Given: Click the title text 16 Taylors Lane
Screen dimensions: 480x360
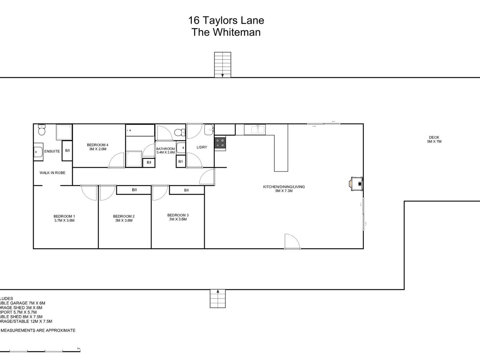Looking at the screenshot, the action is pos(226,20).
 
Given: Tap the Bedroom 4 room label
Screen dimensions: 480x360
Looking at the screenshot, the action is pos(97,145).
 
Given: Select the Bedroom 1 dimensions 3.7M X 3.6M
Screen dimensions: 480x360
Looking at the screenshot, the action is pos(64,220).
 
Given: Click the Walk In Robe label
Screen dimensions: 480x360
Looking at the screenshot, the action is pos(52,173).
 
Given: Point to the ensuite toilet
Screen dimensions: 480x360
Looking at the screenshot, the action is pos(41,130).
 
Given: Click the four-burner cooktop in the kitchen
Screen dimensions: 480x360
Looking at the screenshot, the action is pos(220,142).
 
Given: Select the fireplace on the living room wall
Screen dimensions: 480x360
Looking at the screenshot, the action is pos(357,184).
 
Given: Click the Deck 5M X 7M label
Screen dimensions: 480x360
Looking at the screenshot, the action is pos(434,139).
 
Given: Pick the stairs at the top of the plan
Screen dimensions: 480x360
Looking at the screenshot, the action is pos(222,64).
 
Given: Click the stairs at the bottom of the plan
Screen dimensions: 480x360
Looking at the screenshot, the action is pos(217,298).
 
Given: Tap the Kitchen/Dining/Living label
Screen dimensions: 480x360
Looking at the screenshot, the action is pos(284,187).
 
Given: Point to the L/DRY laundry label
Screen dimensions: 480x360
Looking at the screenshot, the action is pos(202,147).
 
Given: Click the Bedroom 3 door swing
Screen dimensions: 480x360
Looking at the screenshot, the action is pos(159,193).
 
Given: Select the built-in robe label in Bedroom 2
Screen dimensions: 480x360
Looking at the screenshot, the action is pos(134,190).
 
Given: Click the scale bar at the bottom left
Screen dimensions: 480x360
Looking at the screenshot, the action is pos(45,351).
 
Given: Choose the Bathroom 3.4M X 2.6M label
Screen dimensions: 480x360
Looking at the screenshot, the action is pos(165,151).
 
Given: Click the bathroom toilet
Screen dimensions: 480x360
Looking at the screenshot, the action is pos(179,132).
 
